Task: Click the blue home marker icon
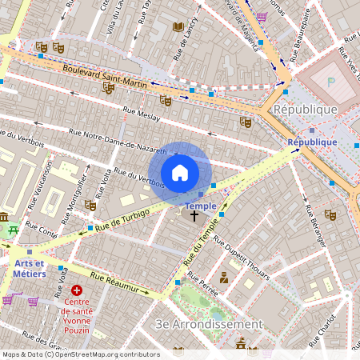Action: [x=180, y=173]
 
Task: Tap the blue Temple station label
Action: [x=201, y=206]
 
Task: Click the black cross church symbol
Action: [x=193, y=216]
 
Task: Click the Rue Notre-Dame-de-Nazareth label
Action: [x=118, y=142]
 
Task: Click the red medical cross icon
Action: [x=77, y=290]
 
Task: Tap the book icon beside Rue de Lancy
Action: [x=178, y=27]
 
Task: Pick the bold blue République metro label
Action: [x=313, y=142]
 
